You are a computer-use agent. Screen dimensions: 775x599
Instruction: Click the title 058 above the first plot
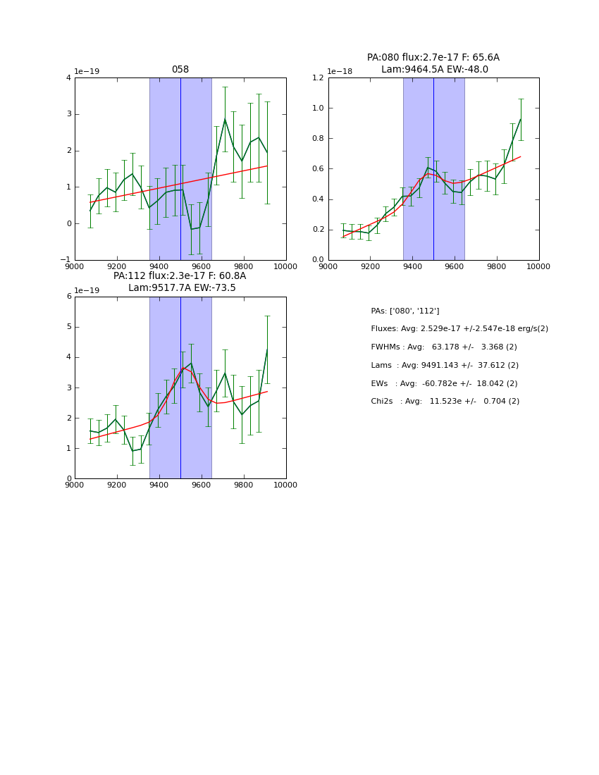pyautogui.click(x=180, y=70)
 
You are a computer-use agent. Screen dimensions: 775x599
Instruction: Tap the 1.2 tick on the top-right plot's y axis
pyautogui.click(x=316, y=77)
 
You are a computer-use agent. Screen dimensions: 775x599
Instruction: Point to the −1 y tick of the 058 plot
pyautogui.click(x=66, y=260)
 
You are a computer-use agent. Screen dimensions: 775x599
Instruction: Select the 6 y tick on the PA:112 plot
pyautogui.click(x=69, y=297)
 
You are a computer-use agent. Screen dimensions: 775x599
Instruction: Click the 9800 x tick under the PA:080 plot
pyautogui.click(x=497, y=266)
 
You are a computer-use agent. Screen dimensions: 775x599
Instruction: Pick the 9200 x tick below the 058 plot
pyautogui.click(x=117, y=266)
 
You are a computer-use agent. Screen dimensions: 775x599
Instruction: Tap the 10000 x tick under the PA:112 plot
pyautogui.click(x=285, y=485)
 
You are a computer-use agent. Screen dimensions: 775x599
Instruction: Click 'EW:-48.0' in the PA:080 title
pyautogui.click(x=468, y=70)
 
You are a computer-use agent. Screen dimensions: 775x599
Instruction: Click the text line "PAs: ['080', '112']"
pyautogui.click(x=405, y=311)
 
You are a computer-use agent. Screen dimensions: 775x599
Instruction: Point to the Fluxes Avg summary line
pyautogui.click(x=459, y=329)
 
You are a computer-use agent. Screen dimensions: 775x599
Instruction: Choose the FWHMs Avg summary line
pyautogui.click(x=444, y=347)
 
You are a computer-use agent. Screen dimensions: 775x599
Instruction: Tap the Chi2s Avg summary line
pyautogui.click(x=445, y=402)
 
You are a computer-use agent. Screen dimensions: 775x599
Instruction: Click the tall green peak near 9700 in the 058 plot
pyautogui.click(x=225, y=119)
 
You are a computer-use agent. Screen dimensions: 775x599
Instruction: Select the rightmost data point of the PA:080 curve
pyautogui.click(x=521, y=119)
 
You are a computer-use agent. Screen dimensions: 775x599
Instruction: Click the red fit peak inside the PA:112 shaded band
pyautogui.click(x=184, y=367)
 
